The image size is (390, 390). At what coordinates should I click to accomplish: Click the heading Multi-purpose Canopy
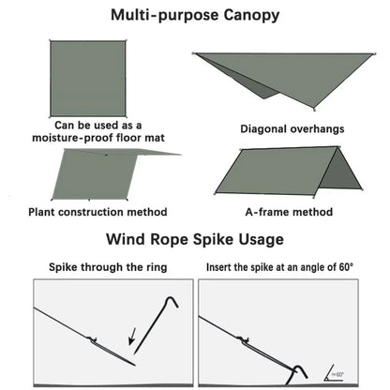click(x=194, y=16)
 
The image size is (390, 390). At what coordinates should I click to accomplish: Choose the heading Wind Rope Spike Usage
click(x=194, y=239)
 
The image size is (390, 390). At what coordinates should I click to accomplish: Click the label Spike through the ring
click(x=108, y=267)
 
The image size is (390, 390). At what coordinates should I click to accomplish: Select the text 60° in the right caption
click(x=343, y=267)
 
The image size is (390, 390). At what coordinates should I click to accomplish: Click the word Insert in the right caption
click(x=222, y=267)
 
